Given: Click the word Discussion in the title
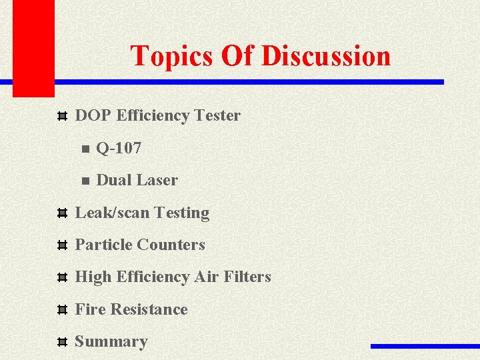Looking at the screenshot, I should click(x=326, y=56).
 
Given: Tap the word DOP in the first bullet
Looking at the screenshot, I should click(x=93, y=115).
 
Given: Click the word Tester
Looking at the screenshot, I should click(x=218, y=115).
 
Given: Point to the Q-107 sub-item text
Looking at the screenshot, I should click(x=119, y=148).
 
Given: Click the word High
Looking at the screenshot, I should click(x=93, y=277).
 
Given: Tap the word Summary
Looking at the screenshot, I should click(x=111, y=341).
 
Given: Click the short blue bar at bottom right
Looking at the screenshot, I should click(x=425, y=346).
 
